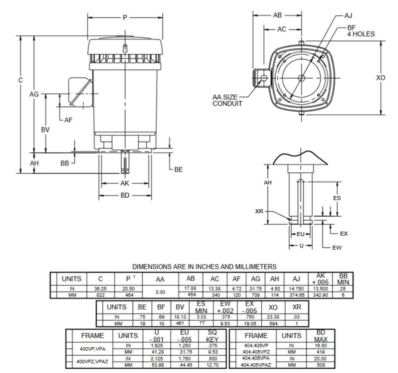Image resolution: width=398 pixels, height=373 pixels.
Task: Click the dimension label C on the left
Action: (21, 80)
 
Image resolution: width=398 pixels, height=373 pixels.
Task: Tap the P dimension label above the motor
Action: (125, 17)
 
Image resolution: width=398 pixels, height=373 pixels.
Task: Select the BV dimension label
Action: (45, 129)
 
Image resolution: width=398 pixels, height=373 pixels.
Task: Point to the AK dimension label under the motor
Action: (125, 183)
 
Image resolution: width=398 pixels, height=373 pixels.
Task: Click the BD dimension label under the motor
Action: (125, 196)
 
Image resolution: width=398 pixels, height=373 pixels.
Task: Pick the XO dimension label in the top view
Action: (380, 78)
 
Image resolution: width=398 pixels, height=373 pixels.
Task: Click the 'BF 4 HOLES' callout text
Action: (360, 31)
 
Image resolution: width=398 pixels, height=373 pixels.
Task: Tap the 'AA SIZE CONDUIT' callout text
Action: (227, 100)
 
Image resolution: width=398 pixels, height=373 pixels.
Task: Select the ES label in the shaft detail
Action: (337, 198)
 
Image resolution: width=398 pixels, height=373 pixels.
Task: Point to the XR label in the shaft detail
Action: (259, 212)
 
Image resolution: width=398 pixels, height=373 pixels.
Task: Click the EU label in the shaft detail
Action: (300, 234)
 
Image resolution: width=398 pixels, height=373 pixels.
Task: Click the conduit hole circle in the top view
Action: (264, 78)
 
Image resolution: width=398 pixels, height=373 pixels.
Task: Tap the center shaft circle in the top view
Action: (301, 78)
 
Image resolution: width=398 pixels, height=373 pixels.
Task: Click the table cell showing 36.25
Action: (100, 289)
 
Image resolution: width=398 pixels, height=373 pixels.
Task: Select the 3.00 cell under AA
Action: (160, 292)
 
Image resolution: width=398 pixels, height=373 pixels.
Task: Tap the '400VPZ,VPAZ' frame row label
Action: (92, 362)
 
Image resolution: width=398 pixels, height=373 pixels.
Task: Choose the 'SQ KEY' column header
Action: (212, 336)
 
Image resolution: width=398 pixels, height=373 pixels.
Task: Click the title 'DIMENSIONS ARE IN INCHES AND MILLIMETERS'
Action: (204, 267)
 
